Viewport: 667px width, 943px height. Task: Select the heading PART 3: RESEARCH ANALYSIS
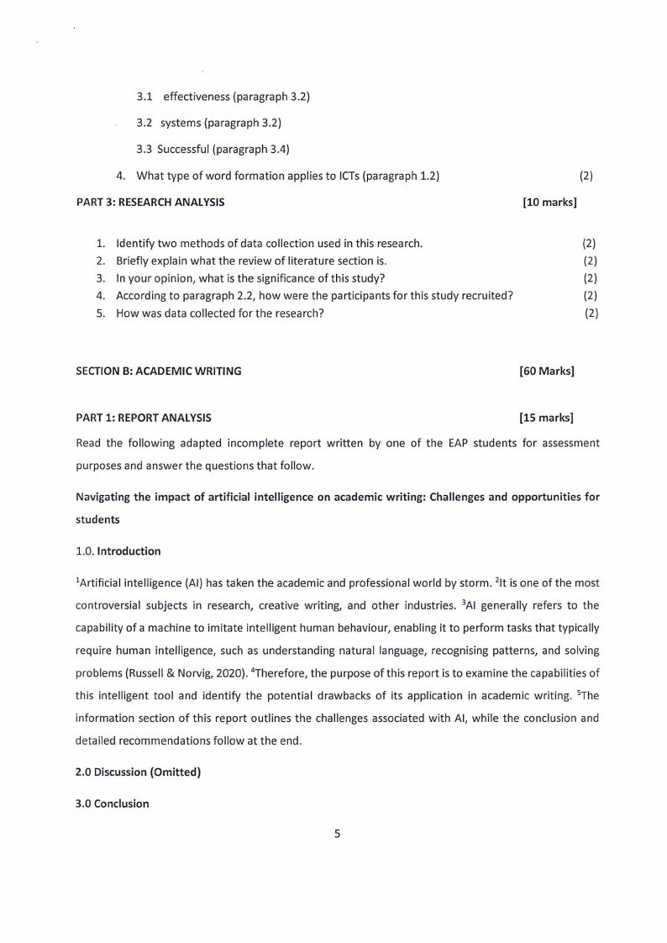(x=150, y=203)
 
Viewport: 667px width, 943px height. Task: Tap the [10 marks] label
(x=549, y=203)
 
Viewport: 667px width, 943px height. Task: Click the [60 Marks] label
(x=547, y=371)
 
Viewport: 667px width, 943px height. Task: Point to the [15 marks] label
(x=547, y=418)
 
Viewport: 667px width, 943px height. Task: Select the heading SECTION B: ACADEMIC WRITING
(x=158, y=371)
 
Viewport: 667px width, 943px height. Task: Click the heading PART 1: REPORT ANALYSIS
(x=144, y=418)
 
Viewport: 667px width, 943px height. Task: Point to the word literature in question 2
(x=319, y=261)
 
